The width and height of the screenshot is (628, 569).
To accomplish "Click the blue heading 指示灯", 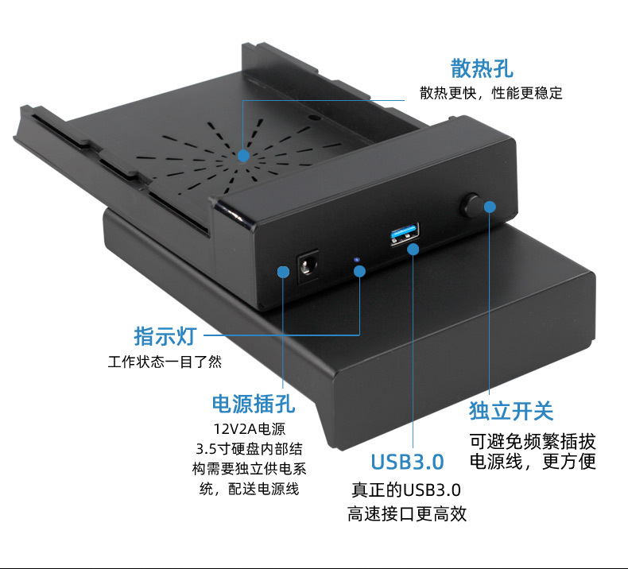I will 165,335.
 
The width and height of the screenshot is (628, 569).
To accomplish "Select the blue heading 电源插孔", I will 253,403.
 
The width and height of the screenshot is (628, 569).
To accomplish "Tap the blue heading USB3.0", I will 407,462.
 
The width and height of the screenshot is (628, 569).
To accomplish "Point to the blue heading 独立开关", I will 510,411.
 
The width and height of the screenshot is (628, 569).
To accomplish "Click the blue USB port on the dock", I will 403,235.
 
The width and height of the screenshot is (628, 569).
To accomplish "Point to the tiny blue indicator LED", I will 356,259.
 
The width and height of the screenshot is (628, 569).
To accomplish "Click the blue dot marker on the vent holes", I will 243,156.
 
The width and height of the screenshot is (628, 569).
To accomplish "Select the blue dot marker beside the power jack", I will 283,272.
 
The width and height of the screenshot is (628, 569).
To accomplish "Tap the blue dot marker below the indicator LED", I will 359,272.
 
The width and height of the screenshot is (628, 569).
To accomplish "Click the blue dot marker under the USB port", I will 413,250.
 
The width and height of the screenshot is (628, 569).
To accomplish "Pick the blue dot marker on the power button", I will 490,207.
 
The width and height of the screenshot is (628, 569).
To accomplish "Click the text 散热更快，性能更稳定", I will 490,94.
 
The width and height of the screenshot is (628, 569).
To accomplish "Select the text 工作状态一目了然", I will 165,362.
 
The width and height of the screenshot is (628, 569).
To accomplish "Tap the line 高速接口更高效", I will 406,514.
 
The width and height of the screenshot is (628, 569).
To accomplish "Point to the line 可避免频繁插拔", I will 532,441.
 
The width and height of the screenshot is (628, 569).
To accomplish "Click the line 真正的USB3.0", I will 406,490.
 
